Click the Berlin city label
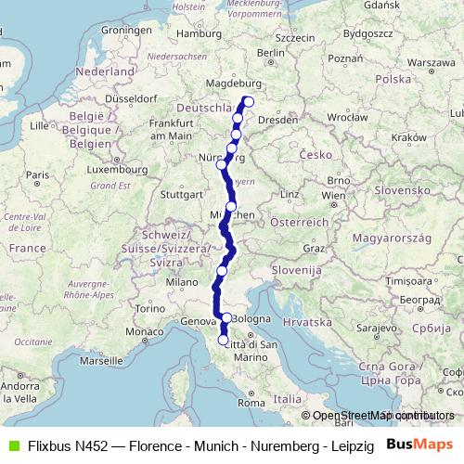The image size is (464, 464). click(x=271, y=53)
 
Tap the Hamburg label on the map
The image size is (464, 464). click(x=196, y=33)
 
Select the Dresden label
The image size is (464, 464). click(x=279, y=120)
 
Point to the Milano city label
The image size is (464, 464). click(x=181, y=281)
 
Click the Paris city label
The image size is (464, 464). click(x=37, y=174)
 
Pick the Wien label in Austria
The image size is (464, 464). click(x=332, y=197)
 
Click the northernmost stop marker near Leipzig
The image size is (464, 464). click(x=248, y=101)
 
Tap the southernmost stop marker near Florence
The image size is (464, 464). click(x=223, y=341)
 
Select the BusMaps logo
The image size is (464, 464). click(x=420, y=445)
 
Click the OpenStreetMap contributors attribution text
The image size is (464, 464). click(x=382, y=416)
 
